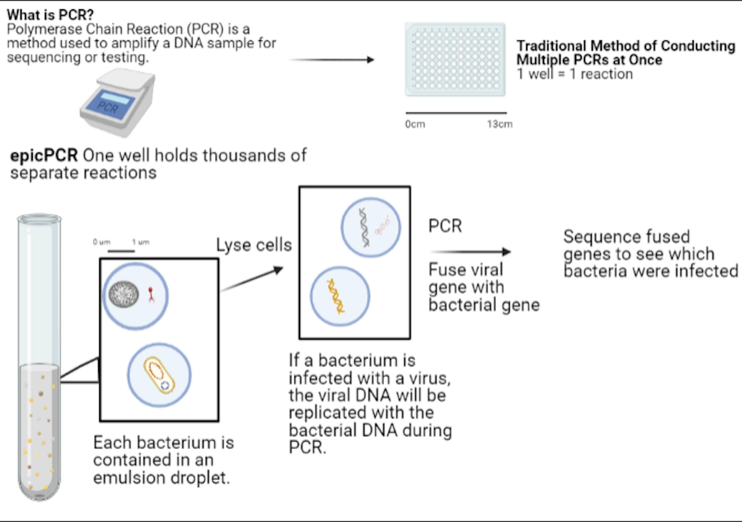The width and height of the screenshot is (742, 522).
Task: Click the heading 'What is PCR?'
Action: pyautogui.click(x=50, y=15)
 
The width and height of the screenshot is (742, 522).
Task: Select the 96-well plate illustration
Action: pyautogui.click(x=455, y=59)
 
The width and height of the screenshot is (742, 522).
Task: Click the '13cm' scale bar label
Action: pyautogui.click(x=500, y=124)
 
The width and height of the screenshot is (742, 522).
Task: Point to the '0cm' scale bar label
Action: pyautogui.click(x=415, y=124)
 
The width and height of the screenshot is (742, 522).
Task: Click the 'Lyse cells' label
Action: pyautogui.click(x=254, y=245)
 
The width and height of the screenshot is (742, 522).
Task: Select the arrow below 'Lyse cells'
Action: pyautogui.click(x=252, y=279)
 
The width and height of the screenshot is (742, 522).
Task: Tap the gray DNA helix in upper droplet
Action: pyautogui.click(x=364, y=227)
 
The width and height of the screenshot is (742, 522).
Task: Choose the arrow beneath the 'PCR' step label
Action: pyautogui.click(x=470, y=252)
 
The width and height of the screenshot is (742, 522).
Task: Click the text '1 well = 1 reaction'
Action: pyautogui.click(x=575, y=74)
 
